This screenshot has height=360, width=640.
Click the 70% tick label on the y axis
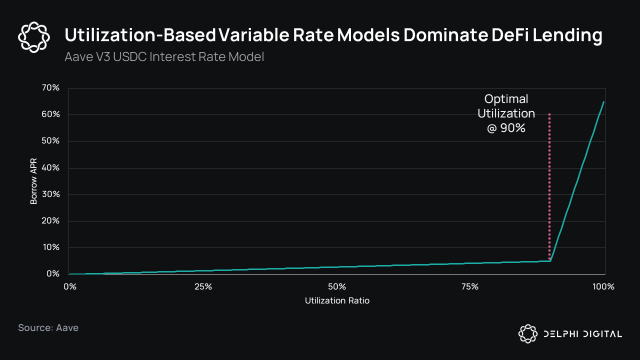pyautogui.click(x=50, y=88)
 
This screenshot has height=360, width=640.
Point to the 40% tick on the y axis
pyautogui.click(x=50, y=168)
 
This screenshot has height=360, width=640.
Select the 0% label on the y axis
pyautogui.click(x=52, y=274)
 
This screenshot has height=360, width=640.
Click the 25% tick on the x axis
pyautogui.click(x=203, y=287)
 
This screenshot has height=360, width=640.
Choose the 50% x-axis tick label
pyautogui.click(x=337, y=287)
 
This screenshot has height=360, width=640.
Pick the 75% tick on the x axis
pyautogui.click(x=470, y=287)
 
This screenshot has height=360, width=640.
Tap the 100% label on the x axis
pyautogui.click(x=603, y=287)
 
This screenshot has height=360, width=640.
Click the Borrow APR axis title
pyautogui.click(x=34, y=181)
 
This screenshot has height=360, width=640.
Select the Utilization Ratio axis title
pyautogui.click(x=337, y=301)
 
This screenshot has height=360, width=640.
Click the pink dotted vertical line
pyautogui.click(x=550, y=190)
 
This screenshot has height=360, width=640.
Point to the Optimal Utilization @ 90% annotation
pyautogui.click(x=506, y=113)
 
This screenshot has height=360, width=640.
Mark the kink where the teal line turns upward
pyautogui.click(x=550, y=260)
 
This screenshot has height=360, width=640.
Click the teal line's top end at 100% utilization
pyautogui.click(x=604, y=101)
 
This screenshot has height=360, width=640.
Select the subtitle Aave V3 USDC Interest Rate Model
pyautogui.click(x=164, y=57)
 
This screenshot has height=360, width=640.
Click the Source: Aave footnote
pyautogui.click(x=48, y=328)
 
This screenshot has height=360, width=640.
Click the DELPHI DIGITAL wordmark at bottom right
pyautogui.click(x=582, y=334)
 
